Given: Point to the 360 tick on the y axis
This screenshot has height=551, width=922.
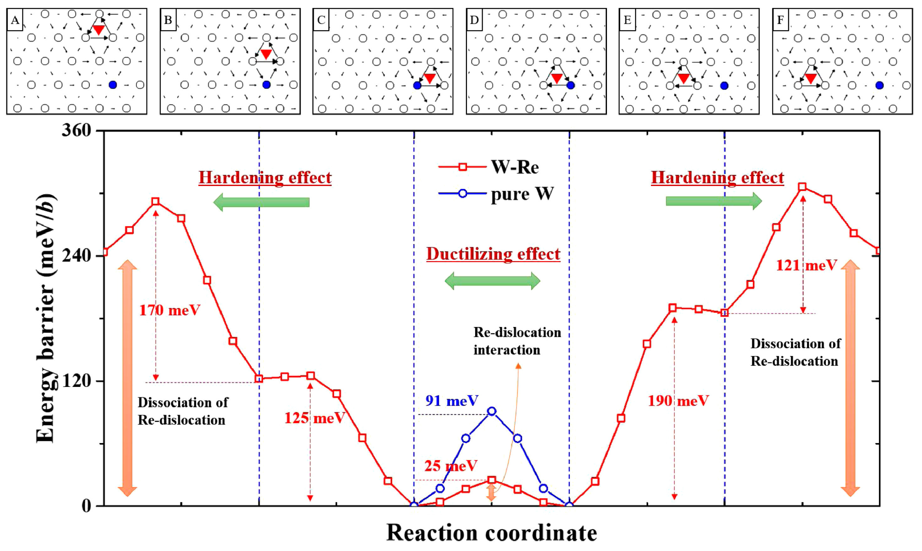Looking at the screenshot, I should (x=76, y=131).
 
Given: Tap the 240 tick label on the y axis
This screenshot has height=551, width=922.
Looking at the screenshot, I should (x=76, y=256).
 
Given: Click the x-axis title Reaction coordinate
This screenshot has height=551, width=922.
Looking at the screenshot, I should (x=492, y=533).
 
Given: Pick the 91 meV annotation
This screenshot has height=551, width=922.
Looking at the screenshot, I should (x=451, y=401).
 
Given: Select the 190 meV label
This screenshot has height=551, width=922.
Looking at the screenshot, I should (x=678, y=401).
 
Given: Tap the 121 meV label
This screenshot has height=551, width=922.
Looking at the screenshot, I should (x=807, y=266).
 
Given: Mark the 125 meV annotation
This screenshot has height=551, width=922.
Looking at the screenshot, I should (x=314, y=418).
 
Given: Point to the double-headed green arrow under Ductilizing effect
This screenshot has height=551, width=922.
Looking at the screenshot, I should (x=492, y=281).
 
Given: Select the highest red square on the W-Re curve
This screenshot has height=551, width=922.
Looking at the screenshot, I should (x=802, y=187).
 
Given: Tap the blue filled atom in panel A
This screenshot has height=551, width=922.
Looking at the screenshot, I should (x=113, y=85).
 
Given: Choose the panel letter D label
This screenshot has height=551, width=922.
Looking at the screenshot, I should (x=474, y=20).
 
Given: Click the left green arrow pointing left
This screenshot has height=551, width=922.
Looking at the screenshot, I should (x=261, y=202).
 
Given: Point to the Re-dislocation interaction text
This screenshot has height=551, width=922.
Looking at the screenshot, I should (x=517, y=341).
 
